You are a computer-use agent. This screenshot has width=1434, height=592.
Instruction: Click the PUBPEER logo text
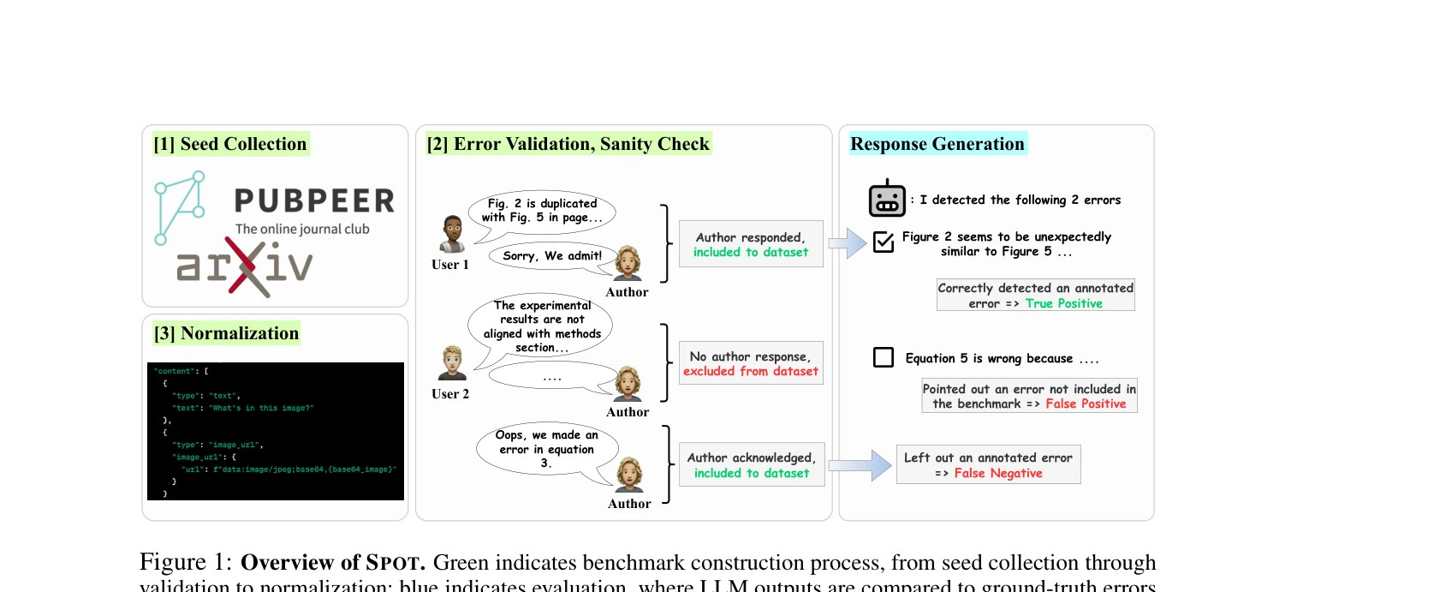tap(314, 200)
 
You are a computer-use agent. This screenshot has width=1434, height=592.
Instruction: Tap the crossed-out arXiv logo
tap(245, 266)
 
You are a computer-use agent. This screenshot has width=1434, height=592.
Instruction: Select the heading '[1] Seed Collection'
tap(229, 144)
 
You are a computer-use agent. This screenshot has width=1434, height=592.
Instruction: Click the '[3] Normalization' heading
tap(226, 333)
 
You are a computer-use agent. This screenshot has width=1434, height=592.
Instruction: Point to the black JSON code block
tap(275, 431)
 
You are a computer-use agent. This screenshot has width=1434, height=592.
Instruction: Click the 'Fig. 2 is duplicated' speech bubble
tap(542, 211)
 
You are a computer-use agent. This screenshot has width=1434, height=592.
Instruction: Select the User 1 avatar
tap(452, 234)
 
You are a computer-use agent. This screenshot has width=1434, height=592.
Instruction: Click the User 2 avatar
tap(451, 363)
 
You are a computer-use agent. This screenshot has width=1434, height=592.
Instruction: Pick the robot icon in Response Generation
tap(887, 199)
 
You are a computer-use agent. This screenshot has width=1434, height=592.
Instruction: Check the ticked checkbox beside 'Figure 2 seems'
tap(883, 242)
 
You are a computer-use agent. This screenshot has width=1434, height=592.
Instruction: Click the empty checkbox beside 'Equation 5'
tap(883, 357)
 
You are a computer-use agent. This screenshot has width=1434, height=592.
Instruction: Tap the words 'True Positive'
tap(1063, 303)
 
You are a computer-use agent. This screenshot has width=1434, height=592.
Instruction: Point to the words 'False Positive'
tap(1086, 404)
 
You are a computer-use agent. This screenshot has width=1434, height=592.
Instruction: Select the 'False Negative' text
tap(998, 473)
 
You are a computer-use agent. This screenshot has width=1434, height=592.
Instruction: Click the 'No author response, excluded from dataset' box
tap(751, 363)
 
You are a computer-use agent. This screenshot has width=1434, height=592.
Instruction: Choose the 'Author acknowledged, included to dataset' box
tap(752, 465)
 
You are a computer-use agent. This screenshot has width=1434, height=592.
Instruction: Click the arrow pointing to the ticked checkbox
tap(848, 243)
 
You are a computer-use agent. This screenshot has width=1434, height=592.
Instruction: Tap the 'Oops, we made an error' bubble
tap(546, 449)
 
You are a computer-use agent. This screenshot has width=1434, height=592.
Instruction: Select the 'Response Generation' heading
tap(937, 144)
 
